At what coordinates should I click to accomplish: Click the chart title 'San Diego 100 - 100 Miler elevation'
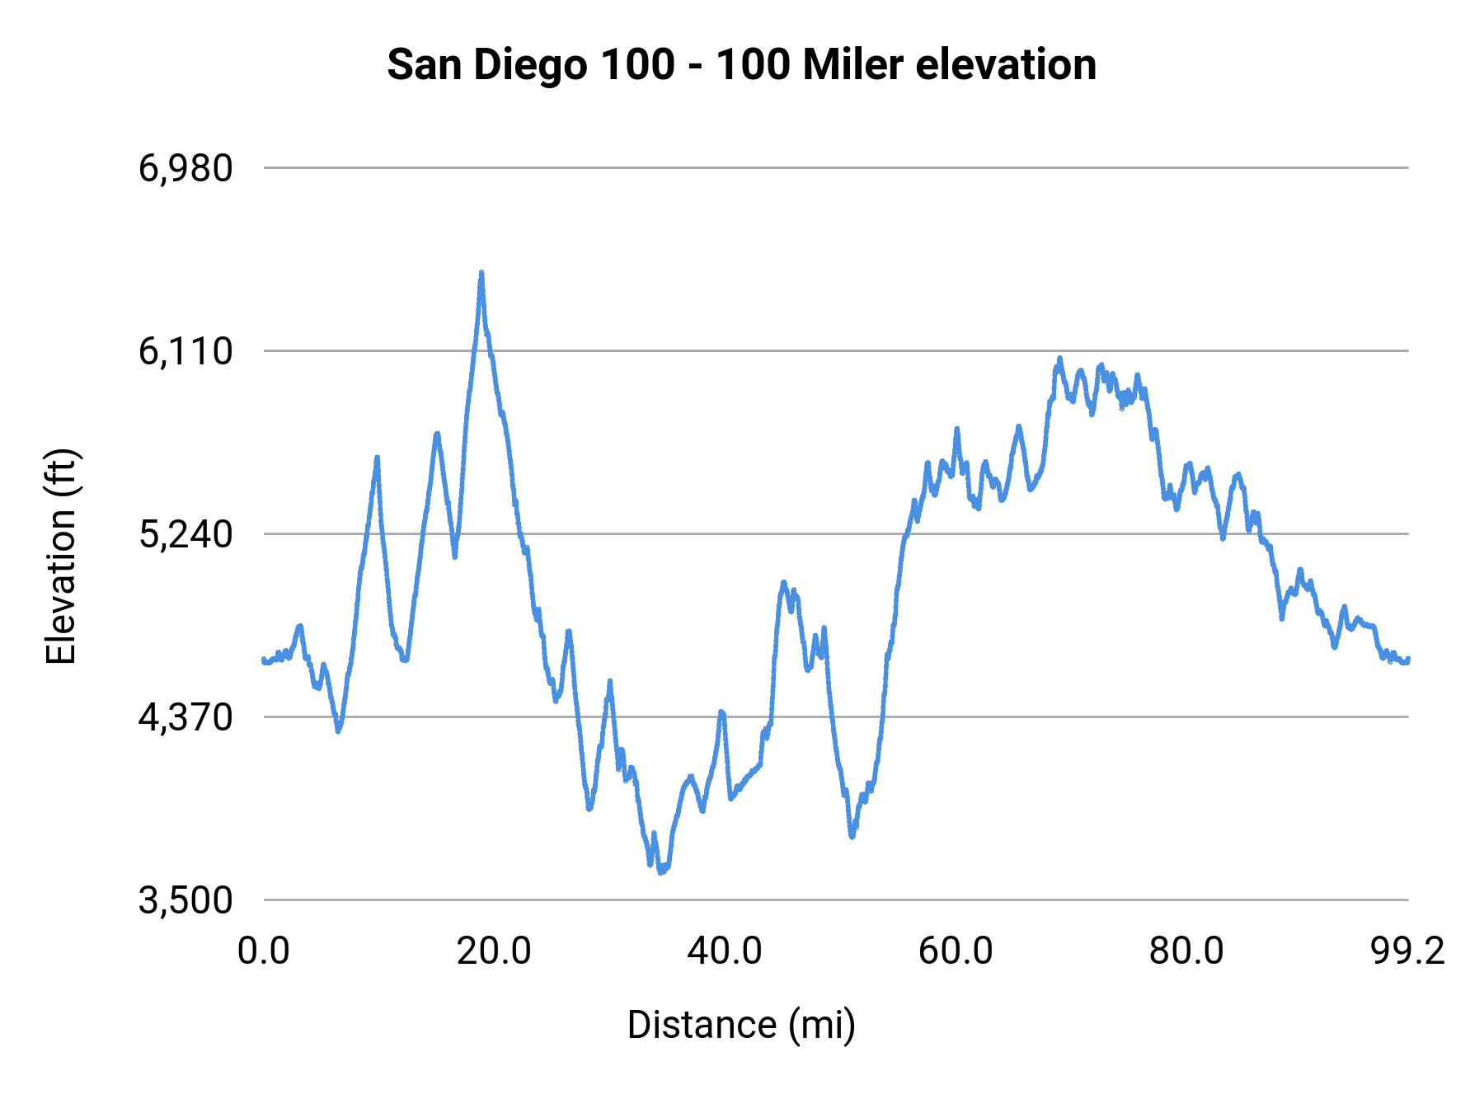pos(741,64)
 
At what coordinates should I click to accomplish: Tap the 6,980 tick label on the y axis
pos(185,168)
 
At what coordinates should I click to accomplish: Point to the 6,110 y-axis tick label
pos(185,351)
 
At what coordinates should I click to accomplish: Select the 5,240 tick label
pos(185,534)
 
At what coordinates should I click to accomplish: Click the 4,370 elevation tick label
pos(185,717)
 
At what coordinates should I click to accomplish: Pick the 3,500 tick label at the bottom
pos(185,900)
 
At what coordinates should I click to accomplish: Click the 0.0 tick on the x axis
pos(264,951)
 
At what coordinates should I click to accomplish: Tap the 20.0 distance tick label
pos(494,951)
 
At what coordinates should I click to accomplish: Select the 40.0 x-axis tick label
pos(725,951)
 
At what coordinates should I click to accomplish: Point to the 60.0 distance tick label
pos(956,951)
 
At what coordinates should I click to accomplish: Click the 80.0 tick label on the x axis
pos(1186,951)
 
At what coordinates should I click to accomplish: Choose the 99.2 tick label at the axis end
pos(1407,951)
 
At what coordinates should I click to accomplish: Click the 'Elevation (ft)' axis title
pos(61,556)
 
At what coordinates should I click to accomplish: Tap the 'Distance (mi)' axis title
pos(741,1025)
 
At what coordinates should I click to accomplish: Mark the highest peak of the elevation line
pos(481,273)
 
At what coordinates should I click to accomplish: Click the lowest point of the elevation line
pos(661,871)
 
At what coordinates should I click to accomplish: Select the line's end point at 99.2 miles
pos(1408,660)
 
